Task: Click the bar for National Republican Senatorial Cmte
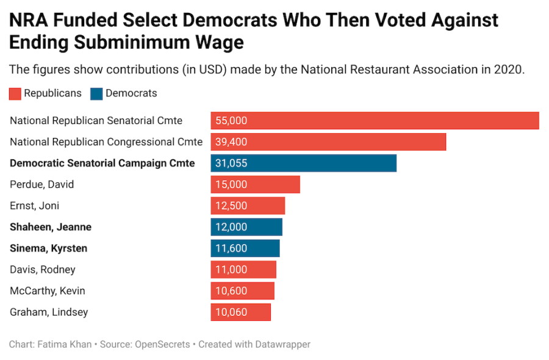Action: pyautogui.click(x=375, y=121)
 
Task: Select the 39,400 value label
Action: pyautogui.click(x=231, y=142)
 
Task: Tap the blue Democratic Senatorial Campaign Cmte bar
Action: pyautogui.click(x=304, y=164)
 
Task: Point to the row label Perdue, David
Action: pyautogui.click(x=42, y=184)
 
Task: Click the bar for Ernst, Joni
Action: pyautogui.click(x=248, y=206)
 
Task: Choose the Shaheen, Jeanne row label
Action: pyautogui.click(x=51, y=227)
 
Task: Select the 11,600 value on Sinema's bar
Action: pyautogui.click(x=231, y=248)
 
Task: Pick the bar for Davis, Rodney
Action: pyautogui.click(x=243, y=270)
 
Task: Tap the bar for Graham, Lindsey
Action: pyautogui.click(x=241, y=312)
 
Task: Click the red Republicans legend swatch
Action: pyautogui.click(x=15, y=94)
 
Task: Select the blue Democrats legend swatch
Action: pyautogui.click(x=96, y=94)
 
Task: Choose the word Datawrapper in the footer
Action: pyautogui.click(x=279, y=345)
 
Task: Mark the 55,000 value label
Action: pyautogui.click(x=231, y=121)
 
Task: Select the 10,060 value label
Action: pyautogui.click(x=231, y=312)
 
